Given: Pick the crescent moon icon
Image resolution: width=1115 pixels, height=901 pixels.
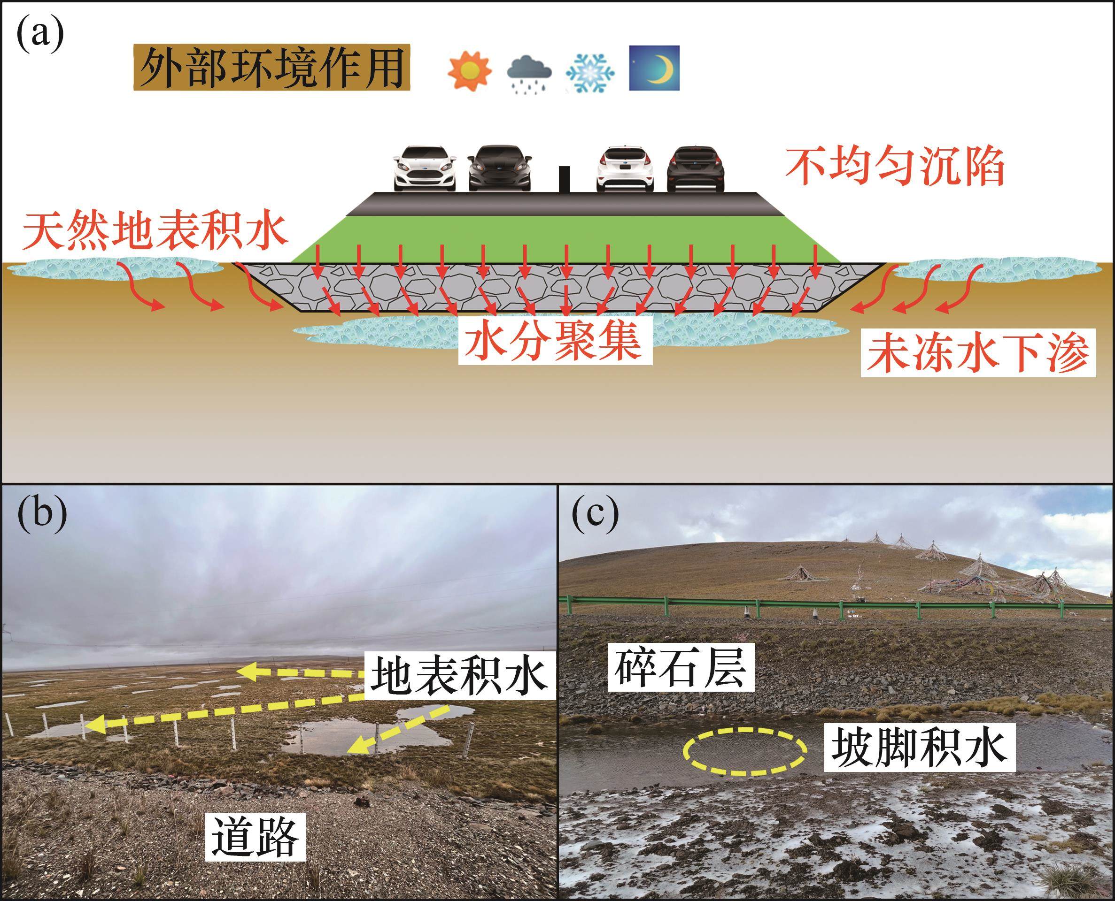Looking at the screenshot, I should (654, 68).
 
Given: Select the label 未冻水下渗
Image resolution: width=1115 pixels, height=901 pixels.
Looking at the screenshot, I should (978, 354).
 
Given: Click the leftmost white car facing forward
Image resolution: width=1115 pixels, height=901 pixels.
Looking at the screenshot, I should (424, 168).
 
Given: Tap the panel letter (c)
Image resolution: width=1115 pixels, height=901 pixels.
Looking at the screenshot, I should (595, 514).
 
